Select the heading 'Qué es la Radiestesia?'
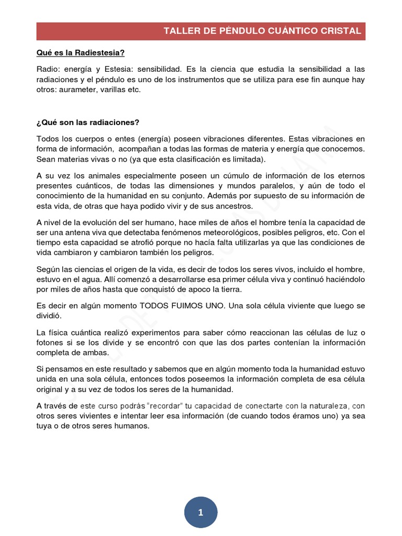80,53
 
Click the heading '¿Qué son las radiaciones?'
88,123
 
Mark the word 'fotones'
50,342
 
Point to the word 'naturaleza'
325,406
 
